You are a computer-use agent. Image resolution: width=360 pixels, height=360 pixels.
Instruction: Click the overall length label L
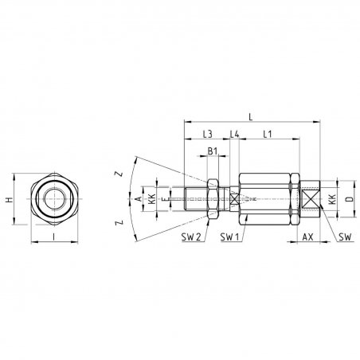pyautogui.click(x=250, y=116)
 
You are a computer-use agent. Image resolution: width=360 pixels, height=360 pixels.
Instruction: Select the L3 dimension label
pyautogui.click(x=208, y=134)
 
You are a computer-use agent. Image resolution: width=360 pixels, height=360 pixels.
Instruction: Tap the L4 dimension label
pyautogui.click(x=234, y=134)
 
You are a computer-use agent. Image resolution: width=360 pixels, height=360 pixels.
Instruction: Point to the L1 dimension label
pyautogui.click(x=268, y=134)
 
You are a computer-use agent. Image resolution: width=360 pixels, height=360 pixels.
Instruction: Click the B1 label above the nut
pyautogui.click(x=213, y=151)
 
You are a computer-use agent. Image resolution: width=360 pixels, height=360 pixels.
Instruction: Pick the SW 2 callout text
pyautogui.click(x=191, y=237)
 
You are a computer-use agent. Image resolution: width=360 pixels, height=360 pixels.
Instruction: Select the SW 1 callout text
pyautogui.click(x=229, y=237)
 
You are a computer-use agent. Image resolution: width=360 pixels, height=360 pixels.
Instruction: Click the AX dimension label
pyautogui.click(x=308, y=237)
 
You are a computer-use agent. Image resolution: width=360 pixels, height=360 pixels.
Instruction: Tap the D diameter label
pyautogui.click(x=350, y=198)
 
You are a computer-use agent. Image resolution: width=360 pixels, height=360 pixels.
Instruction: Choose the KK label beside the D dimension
pyautogui.click(x=332, y=199)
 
